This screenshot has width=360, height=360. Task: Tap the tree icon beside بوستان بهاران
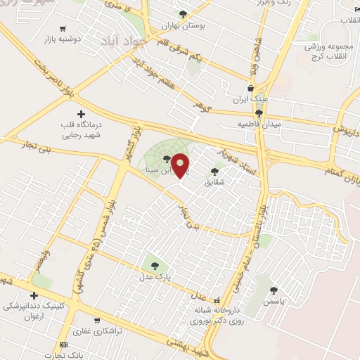pos(184,13)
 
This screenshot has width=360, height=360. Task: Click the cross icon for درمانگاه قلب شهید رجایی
pos(81,113)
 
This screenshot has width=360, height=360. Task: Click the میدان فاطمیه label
pos(259,124)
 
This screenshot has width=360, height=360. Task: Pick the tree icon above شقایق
pos(214,171)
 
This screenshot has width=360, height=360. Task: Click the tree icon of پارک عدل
pos(155,265)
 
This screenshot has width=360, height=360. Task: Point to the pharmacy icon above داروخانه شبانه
pos(217,299)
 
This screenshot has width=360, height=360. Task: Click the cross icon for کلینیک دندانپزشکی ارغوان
pos(33,295)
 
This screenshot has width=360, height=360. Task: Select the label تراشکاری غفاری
pos(99,330)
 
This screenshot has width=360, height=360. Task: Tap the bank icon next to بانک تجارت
pos(64,345)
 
